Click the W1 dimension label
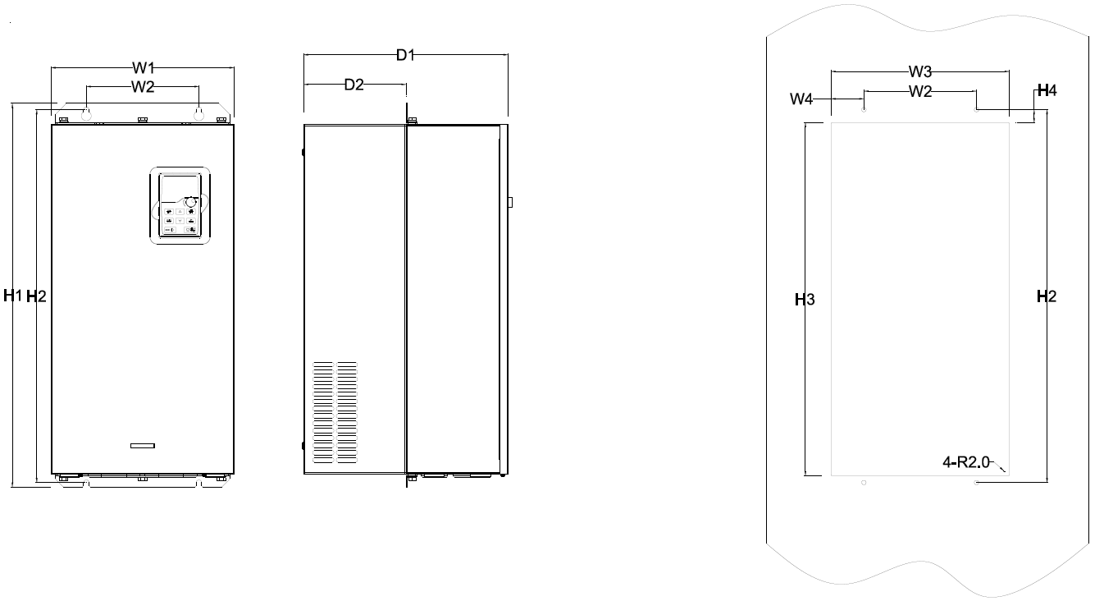pos(144,67)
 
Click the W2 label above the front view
pos(143,87)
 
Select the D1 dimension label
pos(406,55)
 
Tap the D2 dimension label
pos(354,85)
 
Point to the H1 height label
pos(13,296)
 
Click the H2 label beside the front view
pos(36,296)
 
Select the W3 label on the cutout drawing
pos(920,72)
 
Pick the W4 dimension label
pos(801,99)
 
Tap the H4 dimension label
pos(1047,90)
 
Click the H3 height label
pos(805,300)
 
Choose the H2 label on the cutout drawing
pos(1047,296)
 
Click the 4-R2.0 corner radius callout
pos(966,462)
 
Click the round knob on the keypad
pos(190,202)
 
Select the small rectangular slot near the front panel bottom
pos(143,446)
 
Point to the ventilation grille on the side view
pos(335,412)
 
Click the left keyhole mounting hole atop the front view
pos(86,114)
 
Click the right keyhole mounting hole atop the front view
pos(198,114)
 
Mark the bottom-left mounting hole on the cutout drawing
pos(864,483)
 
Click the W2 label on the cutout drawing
pos(920,92)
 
